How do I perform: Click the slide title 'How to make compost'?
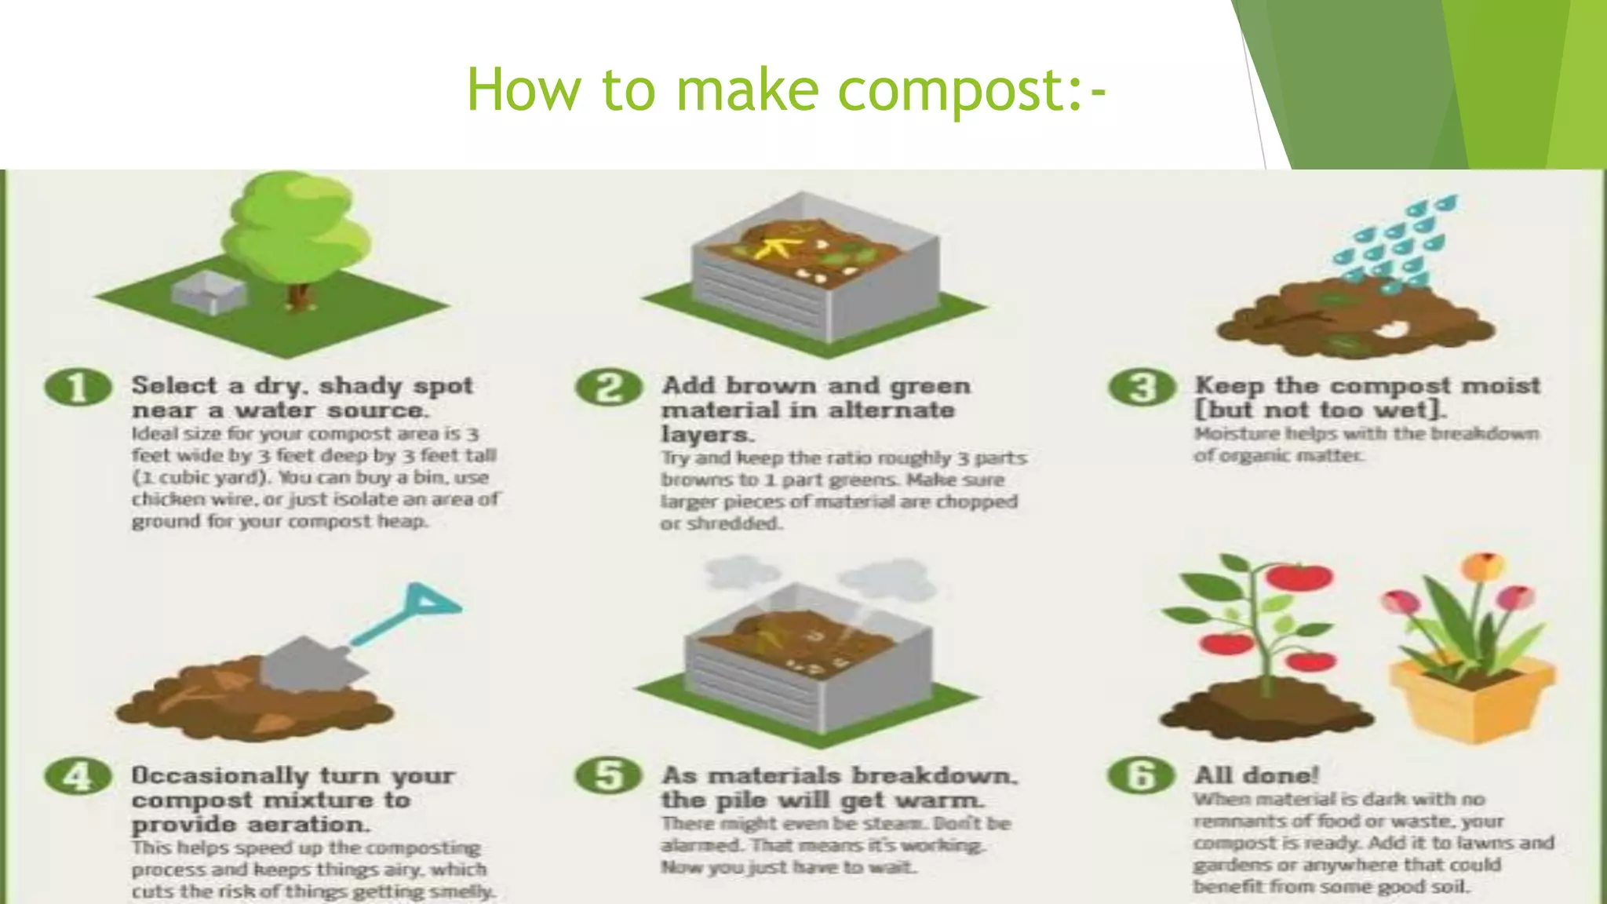coord(785,89)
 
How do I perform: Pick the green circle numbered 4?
coord(77,777)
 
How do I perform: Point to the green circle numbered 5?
coord(609,777)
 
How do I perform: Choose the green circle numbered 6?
coord(1142,777)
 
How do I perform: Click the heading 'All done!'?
coord(1255,775)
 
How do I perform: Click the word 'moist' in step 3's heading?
coord(1501,386)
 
